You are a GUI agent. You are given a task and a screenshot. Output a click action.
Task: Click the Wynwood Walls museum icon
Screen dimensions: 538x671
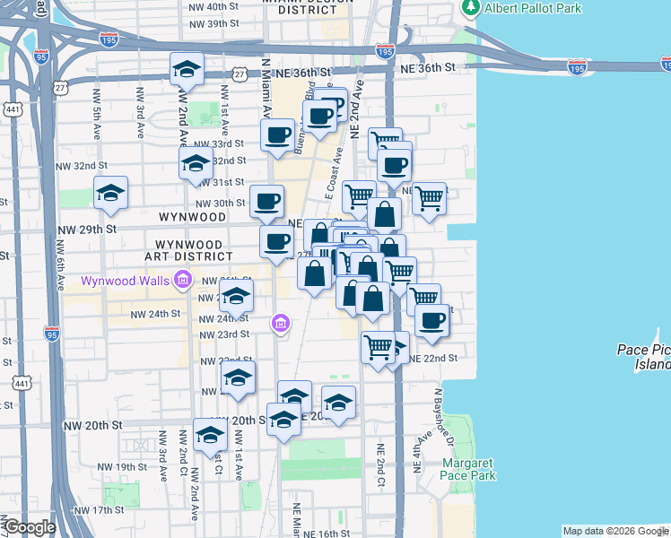(x=183, y=281)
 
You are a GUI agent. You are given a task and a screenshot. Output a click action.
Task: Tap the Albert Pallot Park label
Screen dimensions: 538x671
(x=532, y=8)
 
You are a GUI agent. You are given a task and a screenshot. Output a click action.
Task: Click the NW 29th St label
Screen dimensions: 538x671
(x=86, y=230)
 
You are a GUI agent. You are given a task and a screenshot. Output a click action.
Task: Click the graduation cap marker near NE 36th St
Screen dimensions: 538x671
(x=187, y=69)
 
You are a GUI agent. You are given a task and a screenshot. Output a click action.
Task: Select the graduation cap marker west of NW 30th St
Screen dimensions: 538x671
(x=111, y=193)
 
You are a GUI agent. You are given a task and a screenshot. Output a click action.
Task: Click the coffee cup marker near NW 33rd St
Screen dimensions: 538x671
(x=278, y=135)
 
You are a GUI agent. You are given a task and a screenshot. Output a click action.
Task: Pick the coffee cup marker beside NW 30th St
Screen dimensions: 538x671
(x=266, y=202)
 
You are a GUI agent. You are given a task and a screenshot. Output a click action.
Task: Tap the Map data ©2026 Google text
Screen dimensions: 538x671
(x=615, y=531)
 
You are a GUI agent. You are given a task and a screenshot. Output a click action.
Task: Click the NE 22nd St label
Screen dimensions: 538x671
(x=433, y=358)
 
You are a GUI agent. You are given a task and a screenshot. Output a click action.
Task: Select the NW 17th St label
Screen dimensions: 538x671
(x=100, y=510)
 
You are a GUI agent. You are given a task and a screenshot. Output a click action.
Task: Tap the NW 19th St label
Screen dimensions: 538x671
(x=123, y=467)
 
